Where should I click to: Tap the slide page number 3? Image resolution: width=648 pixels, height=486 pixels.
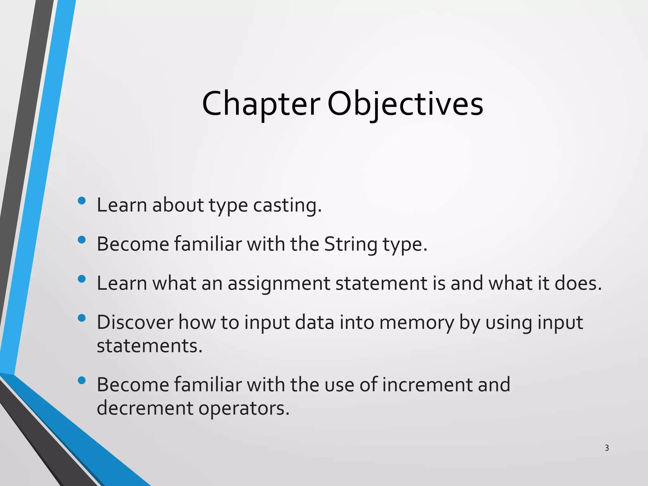click(607, 448)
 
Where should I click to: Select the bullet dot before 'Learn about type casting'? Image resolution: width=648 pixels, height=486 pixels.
click(82, 201)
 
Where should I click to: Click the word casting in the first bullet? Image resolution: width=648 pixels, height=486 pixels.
click(287, 206)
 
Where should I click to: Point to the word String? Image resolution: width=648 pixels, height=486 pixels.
click(351, 244)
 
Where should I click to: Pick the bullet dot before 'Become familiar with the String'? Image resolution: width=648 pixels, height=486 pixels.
click(82, 240)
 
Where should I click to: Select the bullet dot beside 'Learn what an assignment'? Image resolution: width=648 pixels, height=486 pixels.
click(82, 279)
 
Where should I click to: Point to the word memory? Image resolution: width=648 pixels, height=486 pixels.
click(417, 323)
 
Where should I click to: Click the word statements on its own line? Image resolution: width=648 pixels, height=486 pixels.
click(149, 346)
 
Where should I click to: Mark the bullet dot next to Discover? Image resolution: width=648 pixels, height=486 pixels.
click(82, 318)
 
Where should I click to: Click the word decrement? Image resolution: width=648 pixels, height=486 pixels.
click(145, 408)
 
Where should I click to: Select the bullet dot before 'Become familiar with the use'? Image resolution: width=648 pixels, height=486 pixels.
click(82, 380)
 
